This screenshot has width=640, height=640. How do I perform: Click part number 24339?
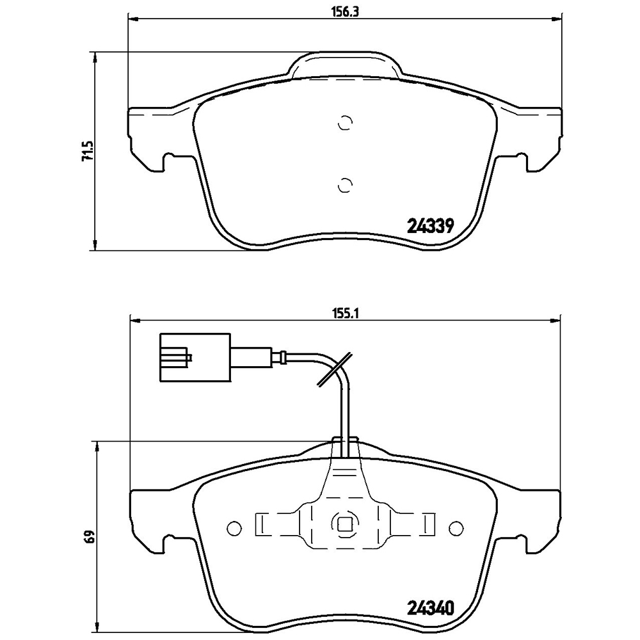pos(430,225)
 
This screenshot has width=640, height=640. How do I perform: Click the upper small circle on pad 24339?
pos(345,124)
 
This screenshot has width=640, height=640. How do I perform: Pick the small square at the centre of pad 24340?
pos(345,524)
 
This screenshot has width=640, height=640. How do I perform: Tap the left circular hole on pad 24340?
pos(235,528)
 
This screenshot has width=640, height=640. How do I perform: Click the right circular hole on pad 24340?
pos(456,528)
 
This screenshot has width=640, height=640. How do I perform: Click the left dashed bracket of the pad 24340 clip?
pos(260,524)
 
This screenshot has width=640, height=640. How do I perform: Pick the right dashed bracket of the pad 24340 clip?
pos(429,524)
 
